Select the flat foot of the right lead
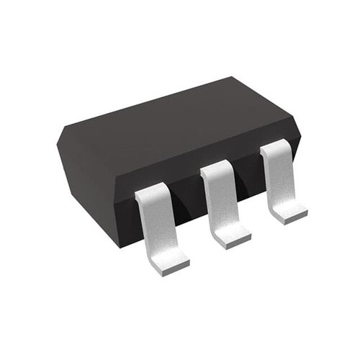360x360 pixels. [289, 212]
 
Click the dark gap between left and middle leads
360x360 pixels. [186, 209]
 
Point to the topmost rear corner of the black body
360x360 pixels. [232, 77]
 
